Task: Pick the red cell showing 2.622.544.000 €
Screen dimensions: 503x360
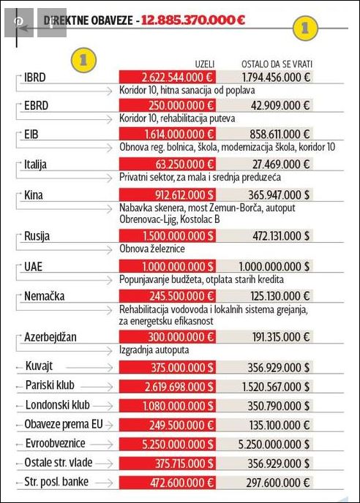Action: pos(167,76)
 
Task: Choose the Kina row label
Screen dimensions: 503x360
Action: pos(34,195)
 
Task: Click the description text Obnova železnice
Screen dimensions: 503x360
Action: pos(151,249)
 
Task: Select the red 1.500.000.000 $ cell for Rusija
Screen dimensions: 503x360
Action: pos(167,235)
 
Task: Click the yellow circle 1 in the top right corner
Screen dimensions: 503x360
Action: pos(305,27)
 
